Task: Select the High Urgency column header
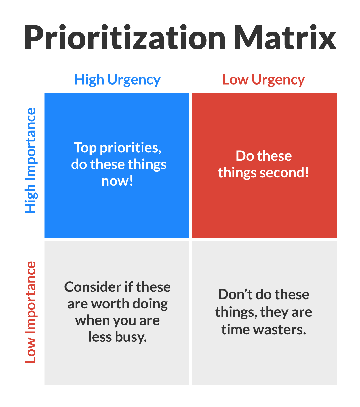pos(117,80)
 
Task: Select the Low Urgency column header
pos(264,80)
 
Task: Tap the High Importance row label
pos(31,160)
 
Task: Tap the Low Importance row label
pos(31,312)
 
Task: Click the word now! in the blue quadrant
pos(117,181)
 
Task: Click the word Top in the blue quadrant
pos(85,147)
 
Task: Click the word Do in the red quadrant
pos(244,156)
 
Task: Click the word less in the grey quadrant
pos(100,337)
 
